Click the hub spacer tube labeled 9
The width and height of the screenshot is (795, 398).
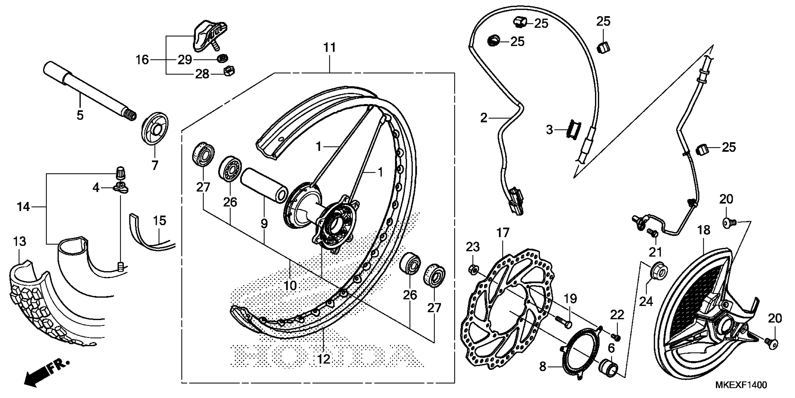pyautogui.click(x=264, y=185)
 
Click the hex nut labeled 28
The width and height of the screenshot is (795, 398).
pyautogui.click(x=229, y=71)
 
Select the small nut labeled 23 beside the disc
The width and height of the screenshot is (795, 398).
pyautogui.click(x=473, y=269)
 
